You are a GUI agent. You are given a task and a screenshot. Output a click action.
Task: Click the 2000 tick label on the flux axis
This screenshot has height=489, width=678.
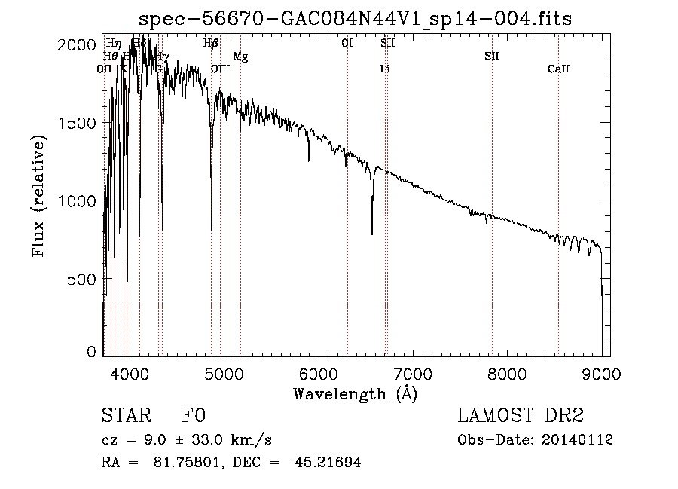[x=78, y=44]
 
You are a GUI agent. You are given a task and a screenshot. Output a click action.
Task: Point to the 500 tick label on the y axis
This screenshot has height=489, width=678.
[x=83, y=280]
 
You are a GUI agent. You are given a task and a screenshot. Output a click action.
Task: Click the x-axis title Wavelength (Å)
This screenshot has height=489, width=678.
[x=355, y=393]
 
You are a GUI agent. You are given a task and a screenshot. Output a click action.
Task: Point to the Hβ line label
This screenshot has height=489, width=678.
[x=211, y=44]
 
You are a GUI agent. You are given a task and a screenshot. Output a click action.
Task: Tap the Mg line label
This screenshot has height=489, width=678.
[x=240, y=57]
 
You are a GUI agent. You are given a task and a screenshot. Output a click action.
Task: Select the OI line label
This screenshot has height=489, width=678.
[x=347, y=44]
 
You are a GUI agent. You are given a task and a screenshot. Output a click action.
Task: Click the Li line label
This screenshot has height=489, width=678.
[x=385, y=69]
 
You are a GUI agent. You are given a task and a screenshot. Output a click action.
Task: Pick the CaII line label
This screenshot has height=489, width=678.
[x=558, y=69]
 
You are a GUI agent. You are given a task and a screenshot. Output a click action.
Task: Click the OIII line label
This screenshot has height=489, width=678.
[x=220, y=69]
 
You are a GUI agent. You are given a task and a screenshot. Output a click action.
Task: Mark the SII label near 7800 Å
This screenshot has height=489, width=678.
[x=492, y=57]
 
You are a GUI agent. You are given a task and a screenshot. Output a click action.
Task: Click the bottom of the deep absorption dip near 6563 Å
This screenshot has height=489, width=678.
[x=372, y=234]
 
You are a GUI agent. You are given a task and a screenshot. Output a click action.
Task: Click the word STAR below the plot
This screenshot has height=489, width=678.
[x=124, y=416]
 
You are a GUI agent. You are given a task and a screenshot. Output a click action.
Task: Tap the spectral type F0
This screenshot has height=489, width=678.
[x=194, y=416]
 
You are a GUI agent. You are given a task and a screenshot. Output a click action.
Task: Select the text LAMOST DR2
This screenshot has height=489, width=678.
[x=520, y=416]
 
